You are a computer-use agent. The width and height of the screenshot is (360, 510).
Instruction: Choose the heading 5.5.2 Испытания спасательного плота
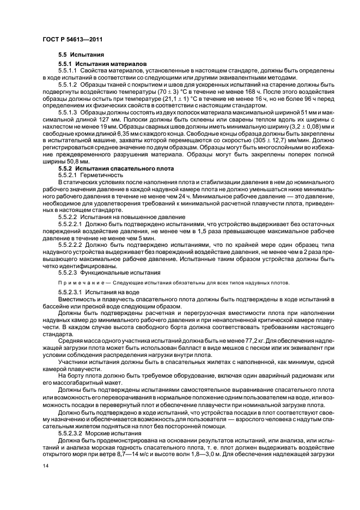pyautogui.click(x=116, y=169)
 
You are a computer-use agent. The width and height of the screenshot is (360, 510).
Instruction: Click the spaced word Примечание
pyautogui.click(x=78, y=282)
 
